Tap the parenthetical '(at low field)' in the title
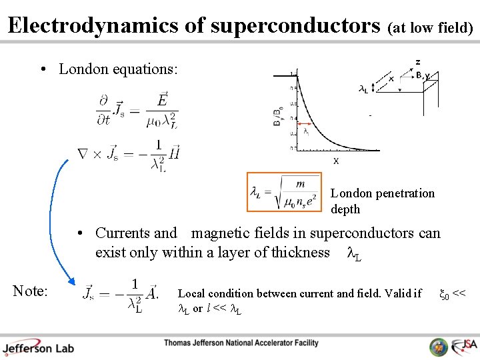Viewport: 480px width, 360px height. pos(431,27)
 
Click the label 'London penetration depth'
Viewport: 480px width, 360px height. pos(382,201)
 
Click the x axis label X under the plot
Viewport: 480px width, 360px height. pos(336,161)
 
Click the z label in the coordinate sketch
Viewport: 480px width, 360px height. pos(418,62)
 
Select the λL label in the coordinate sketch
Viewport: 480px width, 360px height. pos(364,88)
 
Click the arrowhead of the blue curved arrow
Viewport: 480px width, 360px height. pos(74,281)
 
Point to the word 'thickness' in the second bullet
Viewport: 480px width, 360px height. pos(298,252)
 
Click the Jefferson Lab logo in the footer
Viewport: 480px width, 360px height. pos(38,346)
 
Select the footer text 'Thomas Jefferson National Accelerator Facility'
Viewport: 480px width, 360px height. pos(241,343)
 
